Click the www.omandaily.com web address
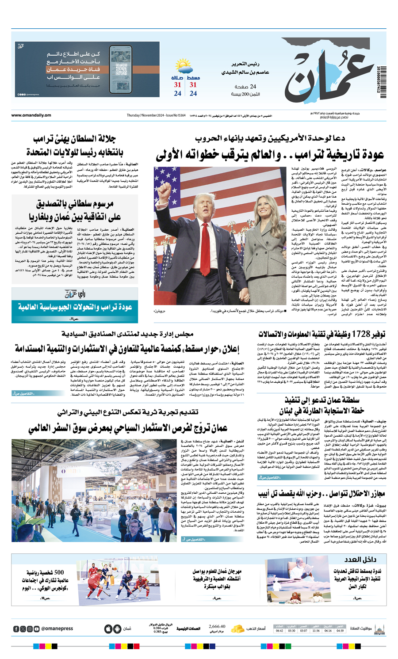pyautogui.click(x=31, y=115)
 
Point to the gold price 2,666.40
pyautogui.click(x=217, y=626)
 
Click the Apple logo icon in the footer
pyautogui.click(x=108, y=629)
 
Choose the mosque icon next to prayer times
pyautogui.click(x=379, y=629)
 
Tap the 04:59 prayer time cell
pyautogui.click(x=340, y=631)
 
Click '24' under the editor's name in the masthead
pyautogui.click(x=253, y=87)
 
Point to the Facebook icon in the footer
pyautogui.click(x=16, y=629)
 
